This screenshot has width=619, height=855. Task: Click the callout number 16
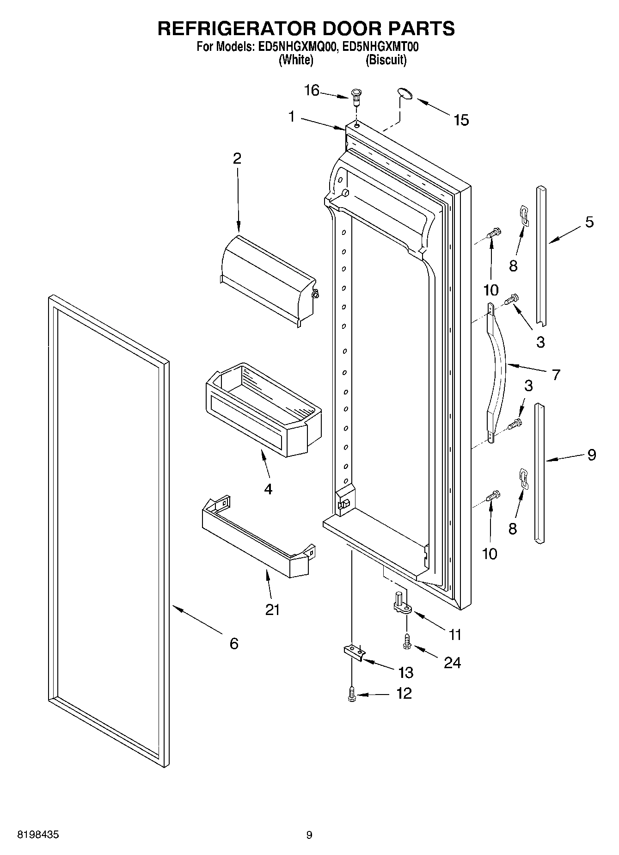312,91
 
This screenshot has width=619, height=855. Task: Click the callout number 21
272,610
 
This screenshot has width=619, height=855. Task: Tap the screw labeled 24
407,642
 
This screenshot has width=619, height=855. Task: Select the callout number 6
234,643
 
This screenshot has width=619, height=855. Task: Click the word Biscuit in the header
386,60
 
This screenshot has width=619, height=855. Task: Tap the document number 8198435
38,835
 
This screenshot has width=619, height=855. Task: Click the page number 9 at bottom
309,835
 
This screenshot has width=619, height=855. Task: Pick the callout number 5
589,222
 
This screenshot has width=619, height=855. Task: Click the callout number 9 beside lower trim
591,455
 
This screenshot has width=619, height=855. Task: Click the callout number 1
292,117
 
